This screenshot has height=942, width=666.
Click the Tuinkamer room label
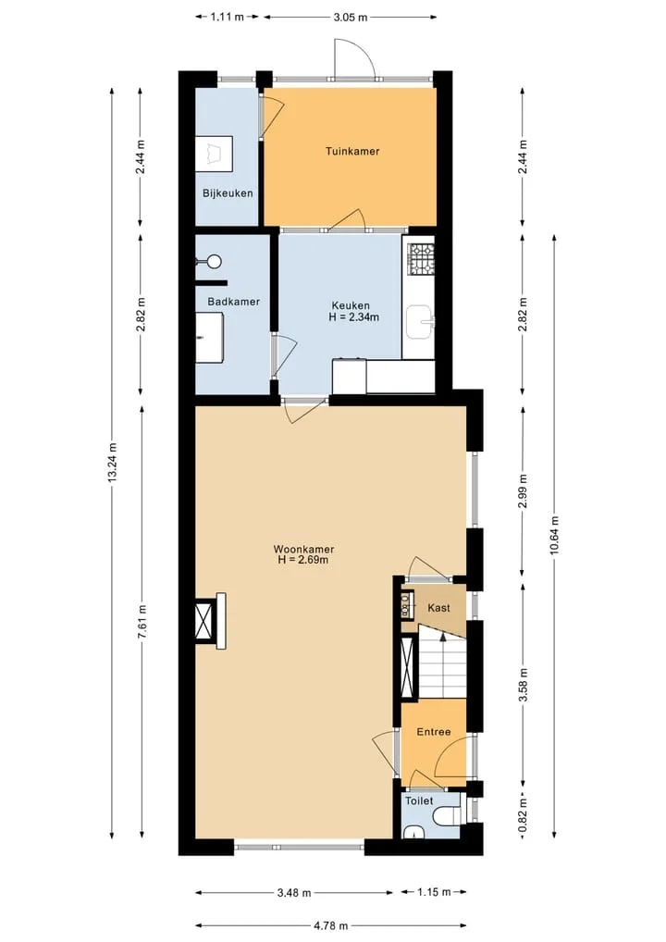352,152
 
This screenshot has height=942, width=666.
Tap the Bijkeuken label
228,193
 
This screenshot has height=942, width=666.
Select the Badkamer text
234,302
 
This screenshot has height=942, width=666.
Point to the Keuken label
351,305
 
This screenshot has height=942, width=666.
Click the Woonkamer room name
304,549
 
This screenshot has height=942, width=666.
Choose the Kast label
439,608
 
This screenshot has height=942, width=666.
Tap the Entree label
434,732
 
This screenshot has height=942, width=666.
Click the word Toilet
419,800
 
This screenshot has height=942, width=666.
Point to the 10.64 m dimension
554,535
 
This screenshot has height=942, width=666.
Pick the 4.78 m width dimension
330,925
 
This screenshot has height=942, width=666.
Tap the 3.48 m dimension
294,893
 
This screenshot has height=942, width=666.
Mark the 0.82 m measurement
524,818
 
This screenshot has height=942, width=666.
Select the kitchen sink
420,323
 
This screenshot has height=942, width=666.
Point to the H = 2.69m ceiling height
303,561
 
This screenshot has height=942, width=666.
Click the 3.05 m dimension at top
351,18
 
